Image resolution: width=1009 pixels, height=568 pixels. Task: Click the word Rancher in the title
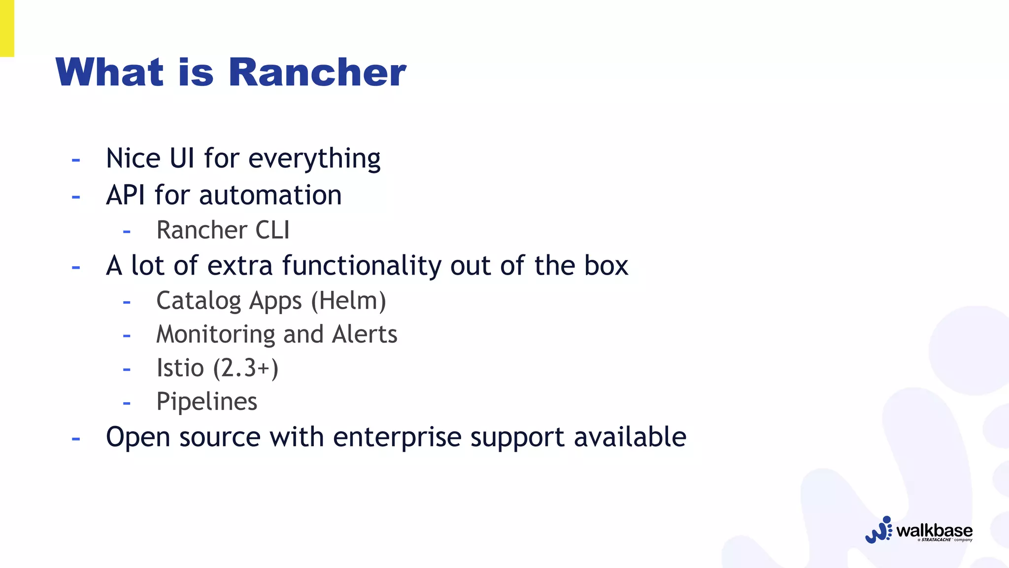317,72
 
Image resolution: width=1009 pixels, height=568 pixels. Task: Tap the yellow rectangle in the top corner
7,28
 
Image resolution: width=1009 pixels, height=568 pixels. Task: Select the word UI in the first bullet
182,158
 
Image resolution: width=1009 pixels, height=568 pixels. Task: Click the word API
126,195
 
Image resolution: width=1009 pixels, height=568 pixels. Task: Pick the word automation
270,195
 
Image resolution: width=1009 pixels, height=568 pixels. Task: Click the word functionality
362,266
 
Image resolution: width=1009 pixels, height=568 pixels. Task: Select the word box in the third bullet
606,266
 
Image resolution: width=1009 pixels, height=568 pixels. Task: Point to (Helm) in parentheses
348,301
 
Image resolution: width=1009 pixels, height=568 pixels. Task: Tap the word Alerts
365,334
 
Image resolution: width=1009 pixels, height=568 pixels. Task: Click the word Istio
180,368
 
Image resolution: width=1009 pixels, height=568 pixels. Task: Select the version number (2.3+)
246,368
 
